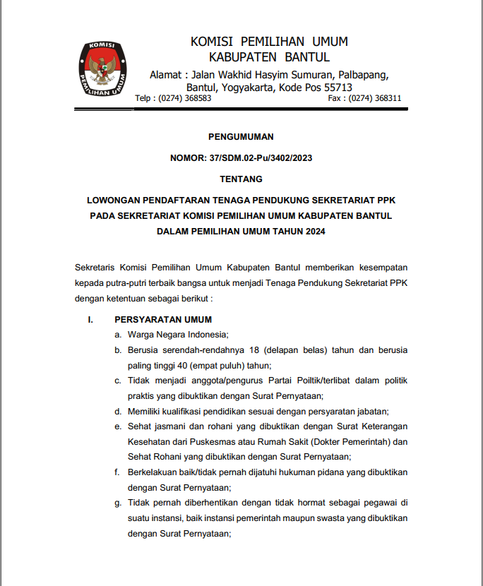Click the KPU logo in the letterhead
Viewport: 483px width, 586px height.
coord(102,69)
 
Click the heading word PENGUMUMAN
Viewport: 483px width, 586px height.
coord(241,137)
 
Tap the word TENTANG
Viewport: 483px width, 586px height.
coord(241,179)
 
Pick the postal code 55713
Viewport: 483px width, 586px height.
coord(343,88)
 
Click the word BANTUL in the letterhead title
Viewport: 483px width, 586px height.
coord(306,57)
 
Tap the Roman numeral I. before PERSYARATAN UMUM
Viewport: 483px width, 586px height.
coord(90,320)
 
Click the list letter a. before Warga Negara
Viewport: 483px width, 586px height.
coord(118,335)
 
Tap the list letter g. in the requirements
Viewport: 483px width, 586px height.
coord(118,503)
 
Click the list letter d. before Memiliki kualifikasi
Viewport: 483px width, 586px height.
coord(118,411)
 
